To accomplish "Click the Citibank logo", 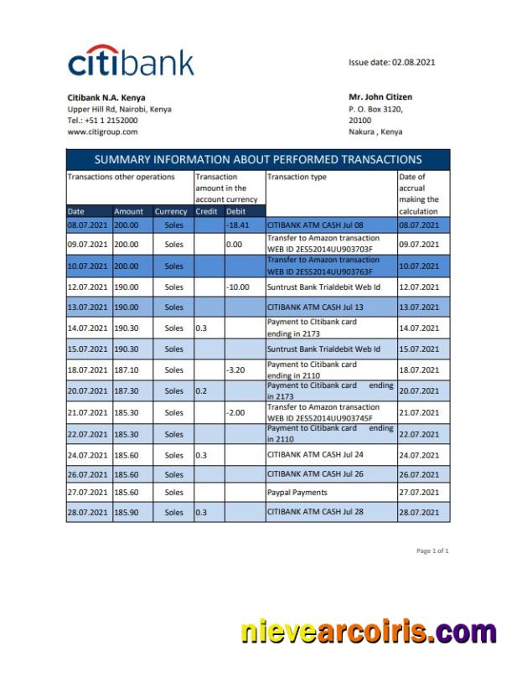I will (x=131, y=62).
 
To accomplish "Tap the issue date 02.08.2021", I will (x=392, y=62).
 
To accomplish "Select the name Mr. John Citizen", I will (x=380, y=97).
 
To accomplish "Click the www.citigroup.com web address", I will (x=102, y=132).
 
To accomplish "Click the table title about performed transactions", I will (x=258, y=159).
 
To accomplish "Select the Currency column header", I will (x=171, y=212).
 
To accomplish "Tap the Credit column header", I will (x=206, y=212).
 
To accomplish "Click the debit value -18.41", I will (x=239, y=225).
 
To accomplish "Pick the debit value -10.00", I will (x=239, y=287).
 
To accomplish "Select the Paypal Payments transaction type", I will (x=297, y=493).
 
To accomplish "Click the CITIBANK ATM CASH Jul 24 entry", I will (x=315, y=455).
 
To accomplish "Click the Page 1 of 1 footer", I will (x=432, y=550).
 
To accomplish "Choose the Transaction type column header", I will (x=297, y=177).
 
